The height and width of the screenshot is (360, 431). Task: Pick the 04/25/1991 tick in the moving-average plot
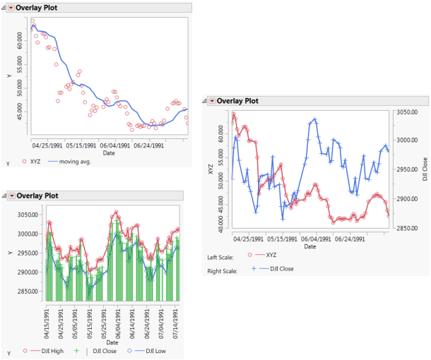[48, 145]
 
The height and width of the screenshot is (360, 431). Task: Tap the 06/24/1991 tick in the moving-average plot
[149, 145]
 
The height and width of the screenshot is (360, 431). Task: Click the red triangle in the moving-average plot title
[11, 8]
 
